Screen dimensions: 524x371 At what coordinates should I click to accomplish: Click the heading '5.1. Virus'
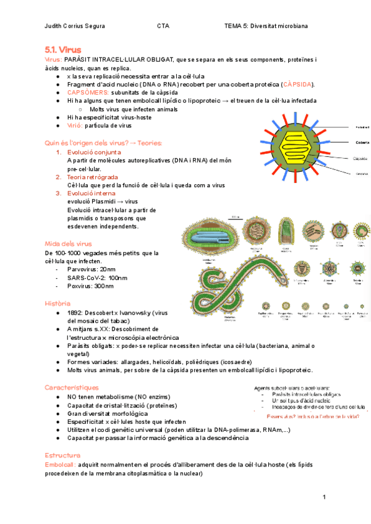[62, 49]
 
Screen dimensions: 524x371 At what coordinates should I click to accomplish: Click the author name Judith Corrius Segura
[75, 26]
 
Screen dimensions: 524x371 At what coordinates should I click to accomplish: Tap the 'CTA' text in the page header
[163, 26]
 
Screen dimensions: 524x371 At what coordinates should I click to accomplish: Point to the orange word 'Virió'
[74, 125]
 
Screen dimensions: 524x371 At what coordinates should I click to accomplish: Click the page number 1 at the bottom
[323, 497]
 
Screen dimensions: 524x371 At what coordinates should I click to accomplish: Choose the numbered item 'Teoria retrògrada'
[94, 177]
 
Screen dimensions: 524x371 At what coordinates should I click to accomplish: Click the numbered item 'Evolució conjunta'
[94, 152]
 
